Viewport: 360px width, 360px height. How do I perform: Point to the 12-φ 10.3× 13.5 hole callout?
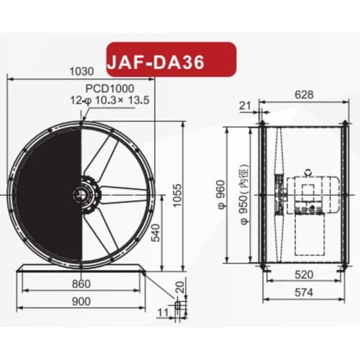point(110,100)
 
